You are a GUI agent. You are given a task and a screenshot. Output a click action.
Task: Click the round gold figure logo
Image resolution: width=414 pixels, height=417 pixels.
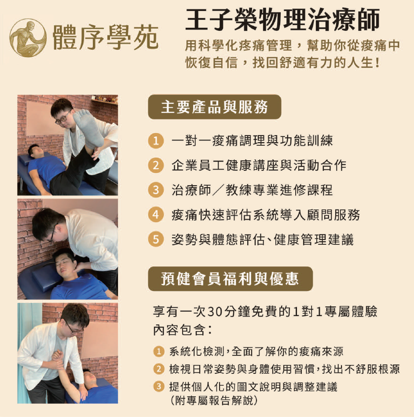pyautogui.click(x=28, y=38)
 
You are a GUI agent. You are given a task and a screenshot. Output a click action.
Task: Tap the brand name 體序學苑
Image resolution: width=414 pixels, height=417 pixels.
pyautogui.click(x=105, y=38)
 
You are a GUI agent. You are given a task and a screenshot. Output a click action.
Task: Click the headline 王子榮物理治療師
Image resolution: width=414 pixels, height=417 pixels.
pyautogui.click(x=282, y=20)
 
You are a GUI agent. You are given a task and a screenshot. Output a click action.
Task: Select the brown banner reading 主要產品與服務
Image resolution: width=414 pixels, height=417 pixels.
pyautogui.click(x=214, y=107)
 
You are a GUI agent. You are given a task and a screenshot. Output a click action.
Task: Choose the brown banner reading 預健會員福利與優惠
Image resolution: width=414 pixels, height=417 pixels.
pyautogui.click(x=230, y=279)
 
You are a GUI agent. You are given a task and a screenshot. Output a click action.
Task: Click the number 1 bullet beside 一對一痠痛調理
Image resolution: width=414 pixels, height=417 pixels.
pyautogui.click(x=156, y=140)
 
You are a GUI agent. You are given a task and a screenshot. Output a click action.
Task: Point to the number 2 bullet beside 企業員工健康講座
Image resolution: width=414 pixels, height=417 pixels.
pyautogui.click(x=156, y=165)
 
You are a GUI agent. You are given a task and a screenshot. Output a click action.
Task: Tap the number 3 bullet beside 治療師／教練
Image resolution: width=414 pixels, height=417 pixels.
pyautogui.click(x=156, y=190)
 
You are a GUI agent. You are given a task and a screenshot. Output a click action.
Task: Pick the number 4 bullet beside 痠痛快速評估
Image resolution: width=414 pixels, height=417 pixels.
pyautogui.click(x=156, y=214)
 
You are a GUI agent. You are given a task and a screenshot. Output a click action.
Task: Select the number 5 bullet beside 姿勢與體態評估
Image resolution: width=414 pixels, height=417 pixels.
pyautogui.click(x=156, y=239)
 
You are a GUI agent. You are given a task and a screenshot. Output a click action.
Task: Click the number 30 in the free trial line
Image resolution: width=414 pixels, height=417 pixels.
pyautogui.click(x=214, y=312)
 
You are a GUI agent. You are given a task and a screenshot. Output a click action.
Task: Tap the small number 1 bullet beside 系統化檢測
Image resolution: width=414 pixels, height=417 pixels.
pyautogui.click(x=159, y=352)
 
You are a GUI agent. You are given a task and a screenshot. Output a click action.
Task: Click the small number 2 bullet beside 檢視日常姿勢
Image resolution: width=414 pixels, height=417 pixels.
pyautogui.click(x=159, y=369)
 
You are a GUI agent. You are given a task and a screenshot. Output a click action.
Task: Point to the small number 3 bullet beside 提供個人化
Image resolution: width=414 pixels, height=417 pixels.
pyautogui.click(x=159, y=387)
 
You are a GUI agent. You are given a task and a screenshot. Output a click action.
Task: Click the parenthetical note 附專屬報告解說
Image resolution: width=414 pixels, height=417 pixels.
pyautogui.click(x=214, y=400)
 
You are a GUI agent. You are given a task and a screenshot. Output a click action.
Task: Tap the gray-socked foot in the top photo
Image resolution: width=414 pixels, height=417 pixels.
pyautogui.click(x=88, y=128)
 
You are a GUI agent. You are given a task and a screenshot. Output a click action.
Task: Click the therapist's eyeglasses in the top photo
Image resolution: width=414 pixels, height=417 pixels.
pyautogui.click(x=63, y=119)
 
